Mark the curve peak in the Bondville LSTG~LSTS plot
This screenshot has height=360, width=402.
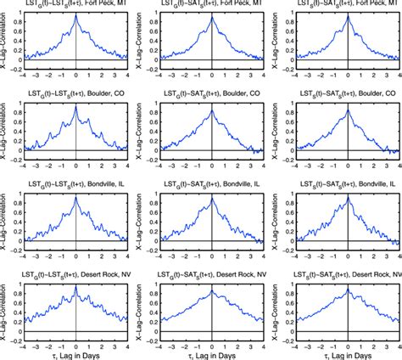pos(76,198)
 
